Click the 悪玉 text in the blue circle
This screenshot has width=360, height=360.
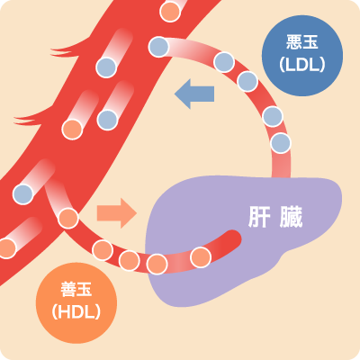[302, 42]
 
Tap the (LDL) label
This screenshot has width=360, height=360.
[302, 64]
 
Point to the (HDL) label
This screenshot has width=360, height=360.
[76, 311]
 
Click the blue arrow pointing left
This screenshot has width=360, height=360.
[194, 94]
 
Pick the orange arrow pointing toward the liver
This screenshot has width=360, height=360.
[117, 213]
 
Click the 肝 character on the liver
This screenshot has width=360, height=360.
[259, 217]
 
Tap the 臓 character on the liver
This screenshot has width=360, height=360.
[291, 217]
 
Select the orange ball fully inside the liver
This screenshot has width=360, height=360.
[201, 257]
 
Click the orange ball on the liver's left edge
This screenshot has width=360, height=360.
[157, 264]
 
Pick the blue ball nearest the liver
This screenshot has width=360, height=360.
[281, 143]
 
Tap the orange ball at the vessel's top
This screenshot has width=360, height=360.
[170, 12]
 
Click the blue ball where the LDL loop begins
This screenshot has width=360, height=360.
[158, 47]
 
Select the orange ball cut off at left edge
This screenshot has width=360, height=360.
[6, 248]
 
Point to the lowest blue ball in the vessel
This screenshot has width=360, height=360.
[23, 194]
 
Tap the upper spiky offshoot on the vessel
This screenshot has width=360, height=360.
[67, 50]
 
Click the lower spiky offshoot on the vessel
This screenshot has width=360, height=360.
[30, 119]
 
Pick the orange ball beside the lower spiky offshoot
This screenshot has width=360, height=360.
[72, 130]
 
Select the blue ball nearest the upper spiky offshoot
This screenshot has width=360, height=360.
[106, 67]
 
